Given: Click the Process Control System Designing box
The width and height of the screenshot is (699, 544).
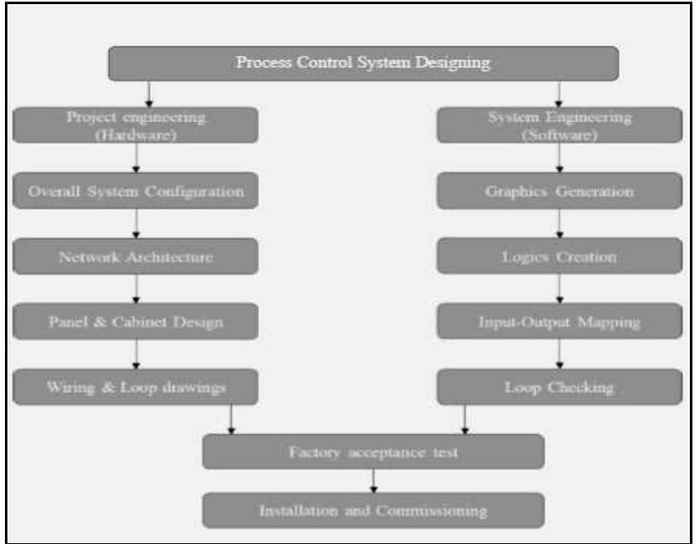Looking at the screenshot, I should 363,63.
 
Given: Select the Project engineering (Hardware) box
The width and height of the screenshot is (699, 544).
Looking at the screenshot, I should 136,125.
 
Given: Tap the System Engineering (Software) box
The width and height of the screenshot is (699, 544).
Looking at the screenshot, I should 560,125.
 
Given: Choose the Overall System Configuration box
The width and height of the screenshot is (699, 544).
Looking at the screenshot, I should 136,191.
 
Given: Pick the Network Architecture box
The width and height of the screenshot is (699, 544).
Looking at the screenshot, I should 136,257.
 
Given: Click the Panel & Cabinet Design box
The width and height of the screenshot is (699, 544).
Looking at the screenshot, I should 136,321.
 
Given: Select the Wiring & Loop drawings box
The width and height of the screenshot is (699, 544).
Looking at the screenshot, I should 136,386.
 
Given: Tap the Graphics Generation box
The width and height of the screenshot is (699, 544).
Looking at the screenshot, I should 560,191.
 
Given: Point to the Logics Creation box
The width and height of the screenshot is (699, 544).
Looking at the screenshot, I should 560,257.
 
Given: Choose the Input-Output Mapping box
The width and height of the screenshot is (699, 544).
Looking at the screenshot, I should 560,321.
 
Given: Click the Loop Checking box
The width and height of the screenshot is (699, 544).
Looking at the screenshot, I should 560,386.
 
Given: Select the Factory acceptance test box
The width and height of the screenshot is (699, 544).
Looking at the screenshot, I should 373,452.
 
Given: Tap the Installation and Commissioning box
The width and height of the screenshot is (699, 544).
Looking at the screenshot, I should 373,510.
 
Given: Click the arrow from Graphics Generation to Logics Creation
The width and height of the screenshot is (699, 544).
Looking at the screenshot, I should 560,224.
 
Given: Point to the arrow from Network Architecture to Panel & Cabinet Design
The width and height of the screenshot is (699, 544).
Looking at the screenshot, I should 136,289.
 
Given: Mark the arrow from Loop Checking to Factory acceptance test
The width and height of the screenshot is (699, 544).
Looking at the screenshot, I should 465,419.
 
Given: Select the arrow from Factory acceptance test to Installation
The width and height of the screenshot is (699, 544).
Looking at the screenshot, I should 373,480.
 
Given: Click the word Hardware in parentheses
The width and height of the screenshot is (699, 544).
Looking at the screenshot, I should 136,135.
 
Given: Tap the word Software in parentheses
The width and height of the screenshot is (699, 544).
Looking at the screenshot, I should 560,135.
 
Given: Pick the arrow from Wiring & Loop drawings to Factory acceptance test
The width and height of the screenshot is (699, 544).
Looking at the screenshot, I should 231,419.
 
